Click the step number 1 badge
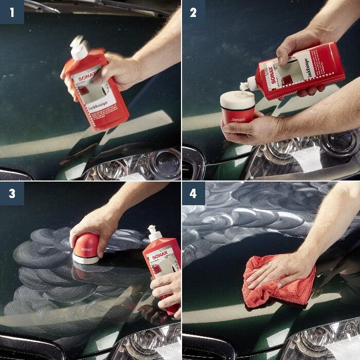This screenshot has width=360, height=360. pos(11,11)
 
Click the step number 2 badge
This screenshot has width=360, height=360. pos(193,11)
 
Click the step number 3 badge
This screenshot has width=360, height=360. pos(11,193)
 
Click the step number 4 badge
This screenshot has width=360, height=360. pos(193,193)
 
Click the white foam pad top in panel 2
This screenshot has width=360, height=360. pos(237,99)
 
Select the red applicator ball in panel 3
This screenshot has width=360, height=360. pos(86,247)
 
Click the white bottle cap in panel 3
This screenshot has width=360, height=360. pos(154,234)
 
